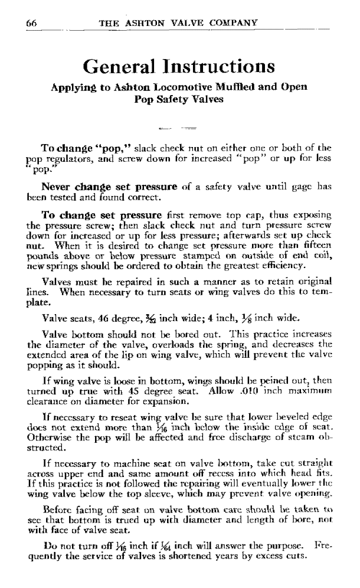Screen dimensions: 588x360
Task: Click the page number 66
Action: [32, 22]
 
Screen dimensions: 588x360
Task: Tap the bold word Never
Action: [57, 187]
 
